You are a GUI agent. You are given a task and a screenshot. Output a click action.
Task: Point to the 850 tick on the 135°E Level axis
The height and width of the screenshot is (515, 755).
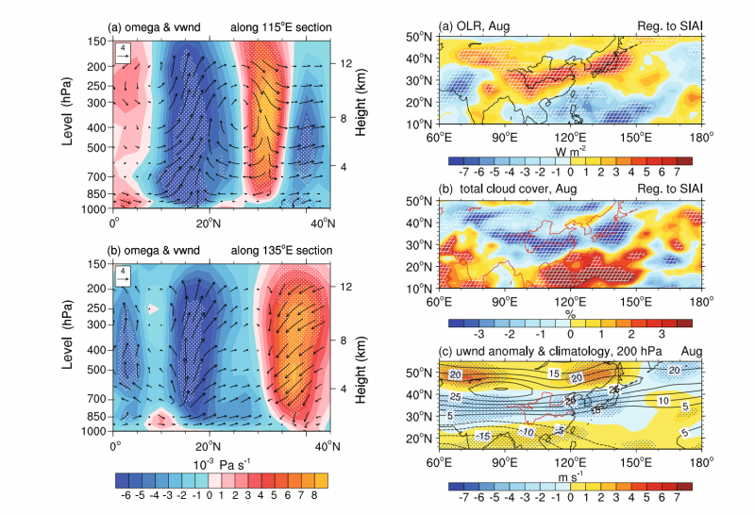click(98, 415)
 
